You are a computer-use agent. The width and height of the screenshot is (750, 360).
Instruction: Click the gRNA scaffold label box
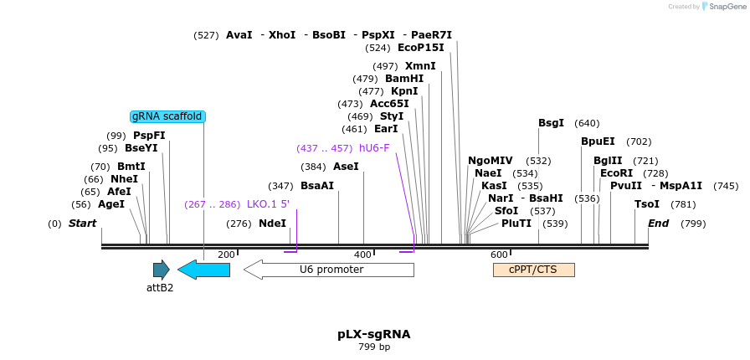pyautogui.click(x=167, y=116)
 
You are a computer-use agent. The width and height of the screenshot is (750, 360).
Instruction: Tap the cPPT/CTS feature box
pyautogui.click(x=533, y=270)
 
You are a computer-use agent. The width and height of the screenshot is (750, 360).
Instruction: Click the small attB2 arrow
pyautogui.click(x=161, y=270)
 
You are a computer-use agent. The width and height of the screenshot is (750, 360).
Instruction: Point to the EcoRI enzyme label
pyautogui.click(x=615, y=173)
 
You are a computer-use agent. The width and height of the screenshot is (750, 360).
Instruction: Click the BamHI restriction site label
pyautogui.click(x=404, y=79)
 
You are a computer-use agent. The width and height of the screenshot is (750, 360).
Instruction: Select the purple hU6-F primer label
pyautogui.click(x=374, y=148)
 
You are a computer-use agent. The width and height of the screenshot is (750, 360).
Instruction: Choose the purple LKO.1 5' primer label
pyautogui.click(x=268, y=204)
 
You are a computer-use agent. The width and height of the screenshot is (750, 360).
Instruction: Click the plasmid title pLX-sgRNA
pyautogui.click(x=374, y=334)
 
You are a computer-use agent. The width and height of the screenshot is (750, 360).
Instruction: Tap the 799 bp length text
pyautogui.click(x=374, y=347)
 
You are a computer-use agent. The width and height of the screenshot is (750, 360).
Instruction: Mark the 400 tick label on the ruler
pyautogui.click(x=362, y=255)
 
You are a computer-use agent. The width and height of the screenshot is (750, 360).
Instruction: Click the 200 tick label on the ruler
pyautogui.click(x=226, y=255)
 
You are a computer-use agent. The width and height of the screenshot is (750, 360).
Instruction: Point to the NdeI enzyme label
pyautogui.click(x=272, y=224)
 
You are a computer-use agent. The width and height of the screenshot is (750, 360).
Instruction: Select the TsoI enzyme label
pyautogui.click(x=647, y=204)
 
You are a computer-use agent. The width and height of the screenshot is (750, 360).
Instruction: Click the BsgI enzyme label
pyautogui.click(x=551, y=123)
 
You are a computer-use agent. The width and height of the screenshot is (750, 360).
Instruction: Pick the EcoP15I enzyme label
pyautogui.click(x=421, y=48)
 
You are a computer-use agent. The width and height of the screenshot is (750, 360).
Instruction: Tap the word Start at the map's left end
pyautogui.click(x=82, y=224)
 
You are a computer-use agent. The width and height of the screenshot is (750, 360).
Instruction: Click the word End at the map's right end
pyautogui.click(x=658, y=224)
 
